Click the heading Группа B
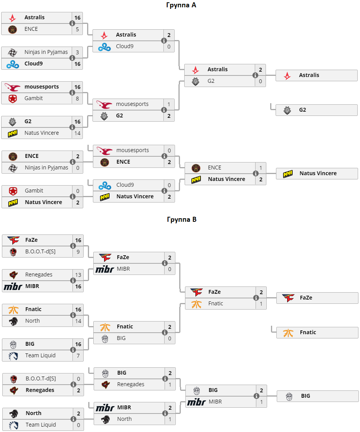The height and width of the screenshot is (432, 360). [x=182, y=219]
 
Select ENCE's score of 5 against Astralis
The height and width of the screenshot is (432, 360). [x=77, y=29]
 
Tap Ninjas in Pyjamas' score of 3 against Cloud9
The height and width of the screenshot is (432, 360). [x=77, y=52]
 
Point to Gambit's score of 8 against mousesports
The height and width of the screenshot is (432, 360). [x=77, y=98]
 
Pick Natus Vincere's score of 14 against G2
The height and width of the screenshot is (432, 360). [x=77, y=133]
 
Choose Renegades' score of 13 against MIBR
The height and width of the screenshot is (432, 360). [x=78, y=275]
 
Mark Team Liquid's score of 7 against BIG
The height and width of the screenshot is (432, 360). [x=78, y=355]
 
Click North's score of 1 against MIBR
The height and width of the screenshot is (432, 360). [x=170, y=419]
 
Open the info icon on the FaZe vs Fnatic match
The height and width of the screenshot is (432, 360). [x=256, y=298]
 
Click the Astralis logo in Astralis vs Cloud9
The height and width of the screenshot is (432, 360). [x=104, y=35]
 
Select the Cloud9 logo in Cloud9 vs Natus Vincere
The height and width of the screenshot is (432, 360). [x=104, y=185]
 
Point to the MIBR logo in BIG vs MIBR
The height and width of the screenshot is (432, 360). [x=196, y=402]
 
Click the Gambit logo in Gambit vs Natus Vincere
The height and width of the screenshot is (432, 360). [x=13, y=191]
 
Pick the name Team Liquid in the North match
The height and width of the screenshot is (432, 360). [x=40, y=425]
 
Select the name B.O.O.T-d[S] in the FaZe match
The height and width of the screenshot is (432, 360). [x=40, y=251]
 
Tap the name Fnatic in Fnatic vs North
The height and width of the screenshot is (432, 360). [x=33, y=309]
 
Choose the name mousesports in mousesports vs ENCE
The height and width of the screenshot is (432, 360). [x=132, y=150]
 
